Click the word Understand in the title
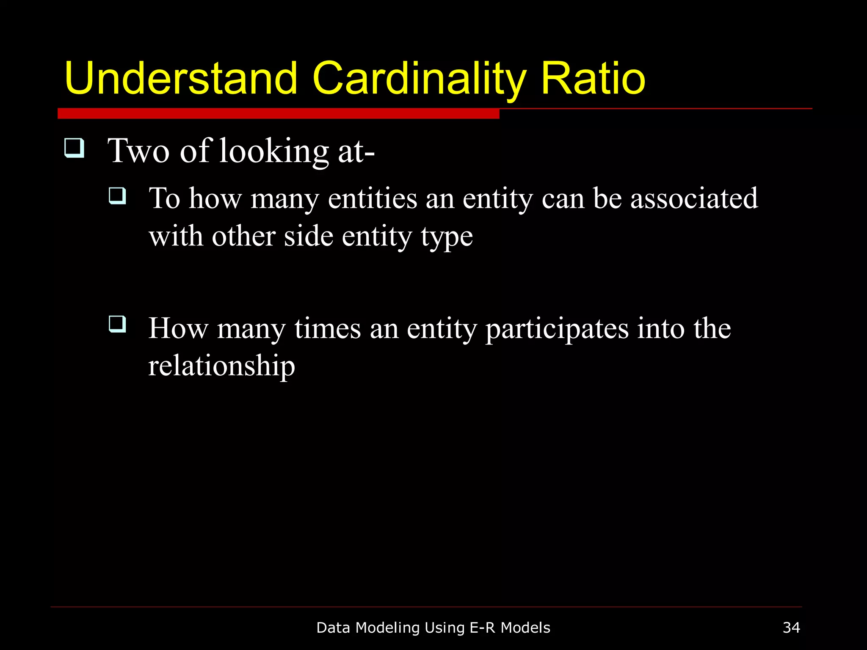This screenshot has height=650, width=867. pyautogui.click(x=181, y=78)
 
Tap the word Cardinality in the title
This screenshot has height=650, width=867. pyautogui.click(x=419, y=78)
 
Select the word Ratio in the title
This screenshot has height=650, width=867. pyautogui.click(x=593, y=78)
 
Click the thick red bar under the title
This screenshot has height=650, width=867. pyautogui.click(x=278, y=113)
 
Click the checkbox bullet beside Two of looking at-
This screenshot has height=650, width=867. pyautogui.click(x=74, y=148)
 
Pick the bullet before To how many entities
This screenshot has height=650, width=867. pyautogui.click(x=117, y=196)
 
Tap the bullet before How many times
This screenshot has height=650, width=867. pyautogui.click(x=117, y=325)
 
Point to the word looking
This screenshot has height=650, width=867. pyautogui.click(x=273, y=152)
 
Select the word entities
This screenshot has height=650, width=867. pyautogui.click(x=373, y=198)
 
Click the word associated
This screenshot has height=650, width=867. pyautogui.click(x=694, y=198)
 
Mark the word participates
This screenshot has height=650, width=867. pyautogui.click(x=557, y=330)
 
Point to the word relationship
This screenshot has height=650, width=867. pyautogui.click(x=221, y=366)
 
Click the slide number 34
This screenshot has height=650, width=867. pyautogui.click(x=791, y=628)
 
